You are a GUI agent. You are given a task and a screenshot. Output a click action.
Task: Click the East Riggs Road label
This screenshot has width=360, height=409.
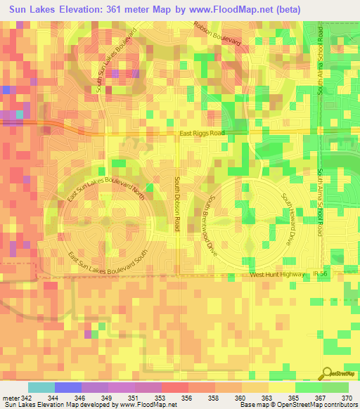pyautogui.click(x=202, y=132)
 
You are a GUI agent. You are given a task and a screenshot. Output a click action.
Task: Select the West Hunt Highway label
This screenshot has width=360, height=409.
pyautogui.click(x=278, y=274)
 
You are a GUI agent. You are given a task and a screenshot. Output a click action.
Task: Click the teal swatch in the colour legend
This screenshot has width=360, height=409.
pyautogui.click(x=41, y=387)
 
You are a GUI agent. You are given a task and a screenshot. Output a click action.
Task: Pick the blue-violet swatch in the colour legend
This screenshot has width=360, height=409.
pyautogui.click(x=68, y=387)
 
